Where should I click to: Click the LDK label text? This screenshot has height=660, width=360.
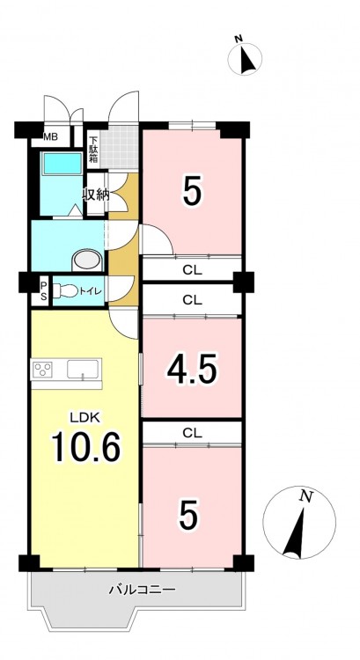[84, 417]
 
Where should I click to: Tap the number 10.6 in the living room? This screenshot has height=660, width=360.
[86, 447]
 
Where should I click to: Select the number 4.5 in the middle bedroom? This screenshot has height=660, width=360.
[192, 369]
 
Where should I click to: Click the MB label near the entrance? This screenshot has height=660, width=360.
[51, 136]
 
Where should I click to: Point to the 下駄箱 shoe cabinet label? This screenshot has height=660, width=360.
[93, 150]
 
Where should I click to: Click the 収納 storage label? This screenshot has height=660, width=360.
[97, 195]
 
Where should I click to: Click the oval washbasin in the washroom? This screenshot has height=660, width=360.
[87, 261]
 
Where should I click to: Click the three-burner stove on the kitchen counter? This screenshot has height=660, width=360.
[43, 369]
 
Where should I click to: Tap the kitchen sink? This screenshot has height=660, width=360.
[83, 369]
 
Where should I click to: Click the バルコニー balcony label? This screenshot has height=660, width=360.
[142, 590]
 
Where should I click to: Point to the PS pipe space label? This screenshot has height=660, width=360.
[43, 290]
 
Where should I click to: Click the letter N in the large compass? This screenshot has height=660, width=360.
[306, 497]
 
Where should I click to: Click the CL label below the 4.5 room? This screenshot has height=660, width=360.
[192, 432]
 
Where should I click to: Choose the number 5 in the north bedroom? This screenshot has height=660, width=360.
[192, 190]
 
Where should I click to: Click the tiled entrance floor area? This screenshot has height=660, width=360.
[120, 148]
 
